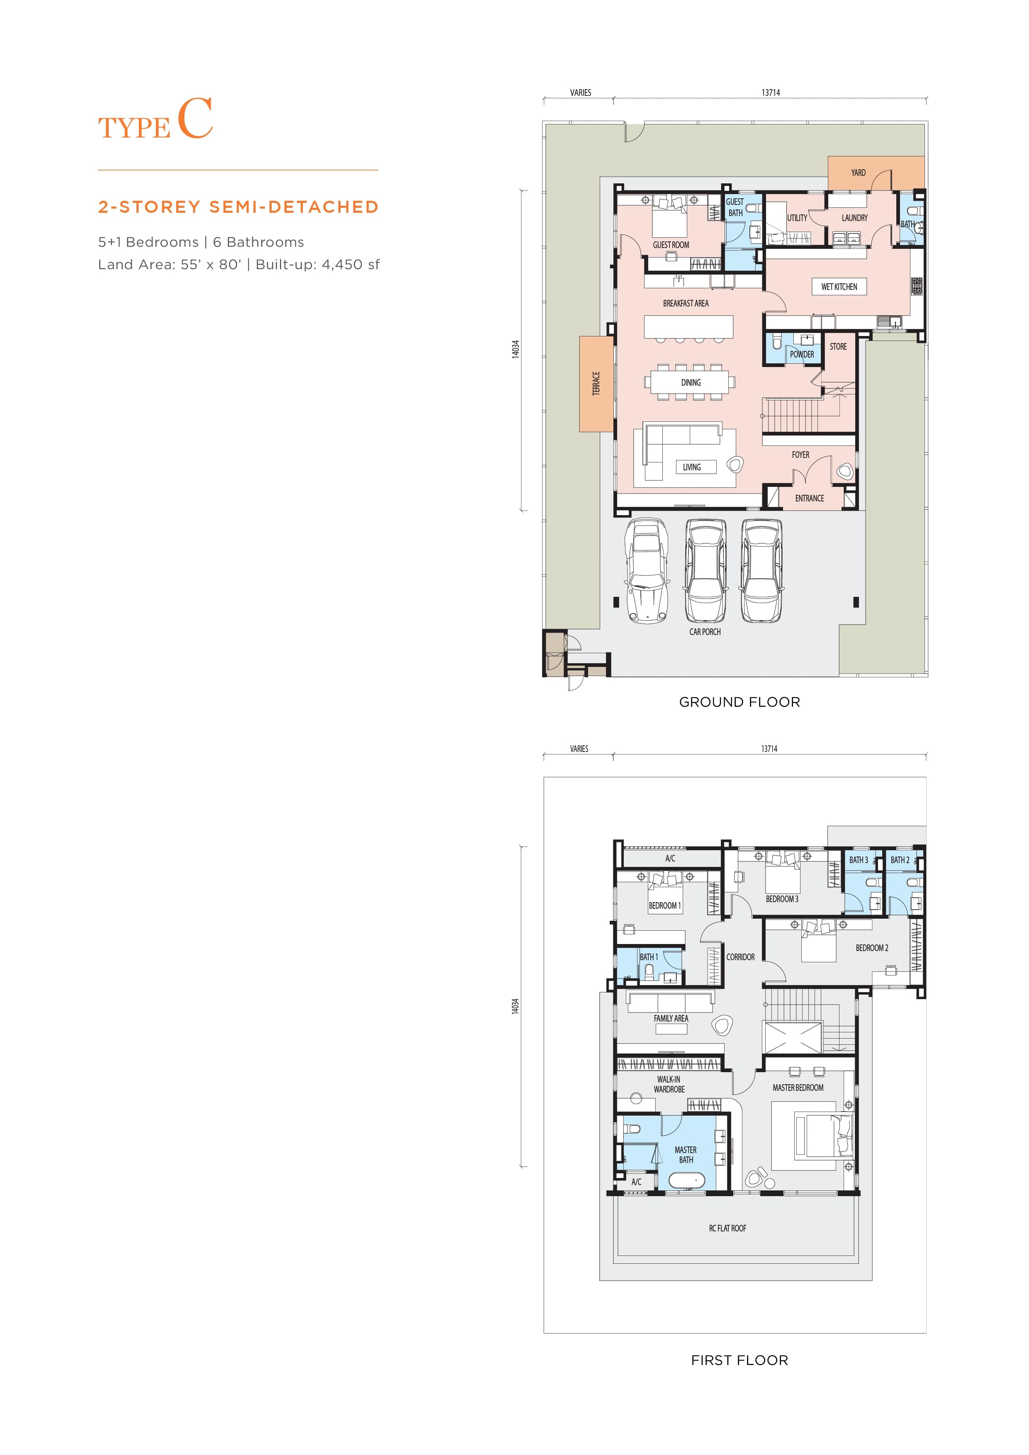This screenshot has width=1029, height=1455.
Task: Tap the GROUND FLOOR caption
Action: (740, 702)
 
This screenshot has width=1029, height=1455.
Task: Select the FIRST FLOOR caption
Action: (740, 1360)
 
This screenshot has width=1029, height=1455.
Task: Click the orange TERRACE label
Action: (596, 383)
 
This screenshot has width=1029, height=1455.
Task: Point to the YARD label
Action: (858, 173)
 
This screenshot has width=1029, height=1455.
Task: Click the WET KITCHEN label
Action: (839, 287)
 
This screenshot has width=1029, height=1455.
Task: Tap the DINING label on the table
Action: (691, 382)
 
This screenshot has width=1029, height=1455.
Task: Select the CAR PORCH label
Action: (705, 632)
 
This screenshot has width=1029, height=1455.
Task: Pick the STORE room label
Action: (838, 347)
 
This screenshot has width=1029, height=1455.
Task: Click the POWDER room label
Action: (802, 354)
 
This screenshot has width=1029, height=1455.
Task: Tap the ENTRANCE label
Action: (809, 498)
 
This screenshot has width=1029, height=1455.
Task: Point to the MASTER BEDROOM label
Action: (798, 1088)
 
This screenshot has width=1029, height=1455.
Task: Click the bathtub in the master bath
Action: (686, 1180)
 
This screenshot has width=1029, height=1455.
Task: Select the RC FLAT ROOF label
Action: (727, 1228)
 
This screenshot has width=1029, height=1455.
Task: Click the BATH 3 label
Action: (859, 860)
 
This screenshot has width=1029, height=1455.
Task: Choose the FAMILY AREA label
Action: (671, 1018)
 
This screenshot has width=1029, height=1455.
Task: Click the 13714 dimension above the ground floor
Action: (771, 92)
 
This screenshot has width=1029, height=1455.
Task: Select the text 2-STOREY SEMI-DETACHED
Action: (238, 207)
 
